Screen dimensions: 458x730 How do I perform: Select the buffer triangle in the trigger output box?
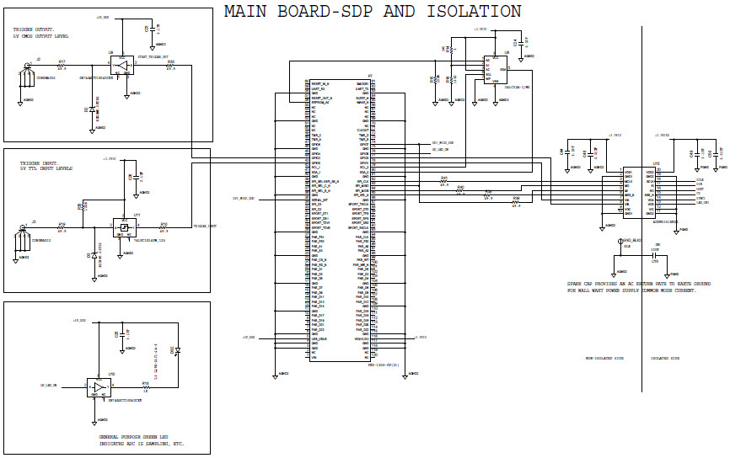click(x=121, y=65)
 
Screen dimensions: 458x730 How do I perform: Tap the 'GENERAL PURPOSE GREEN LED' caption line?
click(x=139, y=435)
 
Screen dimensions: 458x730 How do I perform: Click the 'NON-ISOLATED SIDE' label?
click(x=604, y=358)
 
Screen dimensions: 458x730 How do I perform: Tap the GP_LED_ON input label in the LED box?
click(x=50, y=385)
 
